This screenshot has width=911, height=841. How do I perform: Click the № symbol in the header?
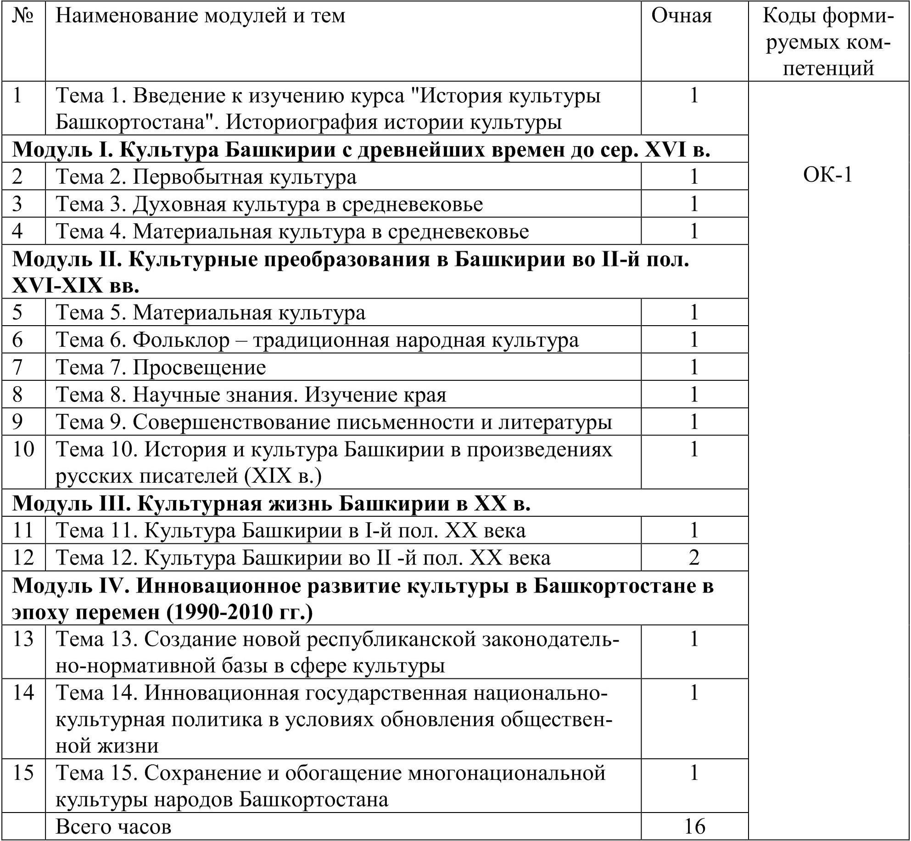point(23,16)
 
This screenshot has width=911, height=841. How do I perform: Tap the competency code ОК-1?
point(827,175)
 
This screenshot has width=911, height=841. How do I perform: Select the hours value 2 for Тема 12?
point(693,558)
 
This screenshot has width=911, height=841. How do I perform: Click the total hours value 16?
point(694,826)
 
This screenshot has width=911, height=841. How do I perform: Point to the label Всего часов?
point(113,826)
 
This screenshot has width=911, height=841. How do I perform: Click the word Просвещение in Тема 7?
point(199,367)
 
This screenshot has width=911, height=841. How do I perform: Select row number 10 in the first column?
point(23,449)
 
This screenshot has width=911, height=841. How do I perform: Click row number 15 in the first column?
point(23,773)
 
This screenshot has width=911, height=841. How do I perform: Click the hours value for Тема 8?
point(693,395)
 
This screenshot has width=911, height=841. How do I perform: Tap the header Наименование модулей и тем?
point(200,17)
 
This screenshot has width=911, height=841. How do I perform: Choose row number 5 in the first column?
point(17,313)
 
